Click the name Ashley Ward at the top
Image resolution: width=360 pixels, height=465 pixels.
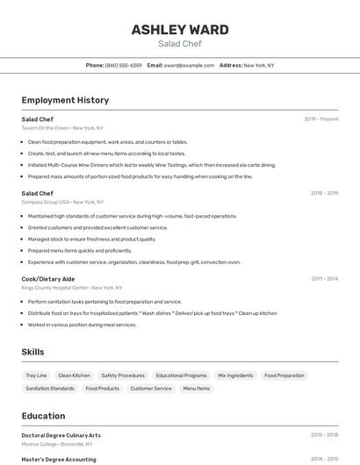180,29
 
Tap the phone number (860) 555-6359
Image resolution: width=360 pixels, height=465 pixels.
123,66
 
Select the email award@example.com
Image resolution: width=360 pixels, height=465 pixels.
189,66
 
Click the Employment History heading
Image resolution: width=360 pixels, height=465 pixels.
65,100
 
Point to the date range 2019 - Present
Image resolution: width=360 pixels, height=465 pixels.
320,119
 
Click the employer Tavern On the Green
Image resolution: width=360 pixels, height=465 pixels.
46,128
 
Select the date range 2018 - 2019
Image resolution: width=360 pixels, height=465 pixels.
324,193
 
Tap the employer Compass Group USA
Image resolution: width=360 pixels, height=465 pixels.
46,202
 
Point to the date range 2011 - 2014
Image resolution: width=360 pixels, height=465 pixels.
324,279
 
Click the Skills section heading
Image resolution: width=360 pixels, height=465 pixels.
32,352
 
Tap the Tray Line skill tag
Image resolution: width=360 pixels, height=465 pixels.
37,376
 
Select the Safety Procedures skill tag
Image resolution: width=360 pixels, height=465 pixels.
123,376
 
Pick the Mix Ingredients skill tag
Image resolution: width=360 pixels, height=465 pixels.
235,376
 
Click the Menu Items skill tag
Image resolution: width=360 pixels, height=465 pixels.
197,388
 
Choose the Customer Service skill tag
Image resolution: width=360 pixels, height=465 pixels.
151,388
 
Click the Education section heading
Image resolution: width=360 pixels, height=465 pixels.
43,416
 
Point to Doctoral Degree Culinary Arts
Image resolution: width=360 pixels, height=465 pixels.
61,435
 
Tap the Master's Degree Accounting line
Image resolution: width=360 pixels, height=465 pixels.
59,459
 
